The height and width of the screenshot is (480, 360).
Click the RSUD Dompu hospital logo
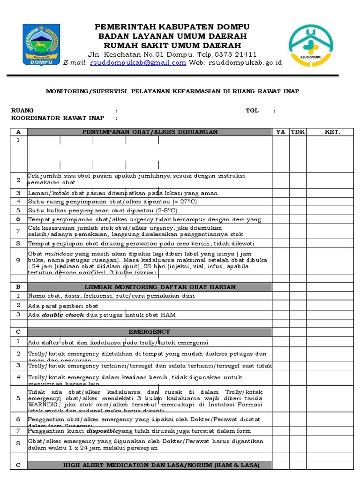tap(312, 44)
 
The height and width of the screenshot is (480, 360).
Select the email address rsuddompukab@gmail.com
tap(138, 62)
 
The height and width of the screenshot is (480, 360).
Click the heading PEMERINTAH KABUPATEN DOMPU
tap(172, 26)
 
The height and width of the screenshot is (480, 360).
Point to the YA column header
tap(280, 132)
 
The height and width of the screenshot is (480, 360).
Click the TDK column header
tap(298, 132)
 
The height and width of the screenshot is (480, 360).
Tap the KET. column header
tap(332, 132)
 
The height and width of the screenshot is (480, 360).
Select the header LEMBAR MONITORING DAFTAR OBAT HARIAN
tap(160, 286)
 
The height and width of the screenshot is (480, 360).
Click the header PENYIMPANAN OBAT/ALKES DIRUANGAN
tap(150, 132)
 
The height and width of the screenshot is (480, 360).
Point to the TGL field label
tap(252, 111)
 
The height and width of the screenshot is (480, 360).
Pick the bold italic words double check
tap(63, 315)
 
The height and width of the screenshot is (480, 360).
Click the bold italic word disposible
tap(103, 430)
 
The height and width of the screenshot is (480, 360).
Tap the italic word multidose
tap(58, 253)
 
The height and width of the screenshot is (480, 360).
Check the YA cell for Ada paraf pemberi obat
tap(280, 305)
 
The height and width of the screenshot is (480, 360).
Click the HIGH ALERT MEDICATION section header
tap(161, 465)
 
